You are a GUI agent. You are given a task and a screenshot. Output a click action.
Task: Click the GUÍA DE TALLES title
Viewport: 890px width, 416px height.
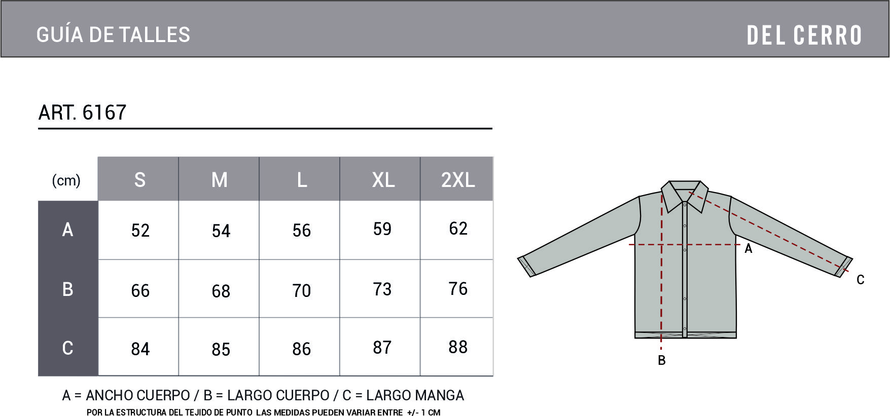coord(113,34)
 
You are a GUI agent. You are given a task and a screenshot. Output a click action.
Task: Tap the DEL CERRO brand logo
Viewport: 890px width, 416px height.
coord(804,35)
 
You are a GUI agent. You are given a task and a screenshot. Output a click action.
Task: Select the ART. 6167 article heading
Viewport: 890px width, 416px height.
coord(82,112)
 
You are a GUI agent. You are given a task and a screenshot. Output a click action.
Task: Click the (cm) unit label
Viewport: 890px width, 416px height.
coord(66,180)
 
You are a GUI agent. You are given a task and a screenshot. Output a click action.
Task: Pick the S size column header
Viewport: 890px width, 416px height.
coord(140,180)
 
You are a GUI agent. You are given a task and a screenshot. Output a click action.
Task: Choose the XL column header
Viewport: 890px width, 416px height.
coord(383,180)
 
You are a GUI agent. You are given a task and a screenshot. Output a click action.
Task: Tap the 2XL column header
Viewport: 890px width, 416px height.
coord(458,180)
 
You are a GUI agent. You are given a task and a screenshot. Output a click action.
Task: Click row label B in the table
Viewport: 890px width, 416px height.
coord(67,289)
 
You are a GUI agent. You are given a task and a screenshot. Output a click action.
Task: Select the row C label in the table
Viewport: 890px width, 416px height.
coord(67,348)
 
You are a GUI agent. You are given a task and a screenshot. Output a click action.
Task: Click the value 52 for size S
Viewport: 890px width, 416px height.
coord(140,231)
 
